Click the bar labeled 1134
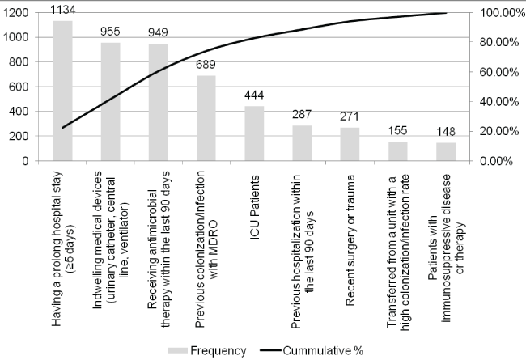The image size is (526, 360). point(62,91)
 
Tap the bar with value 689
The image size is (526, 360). point(207,118)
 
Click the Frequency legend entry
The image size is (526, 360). point(210,350)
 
